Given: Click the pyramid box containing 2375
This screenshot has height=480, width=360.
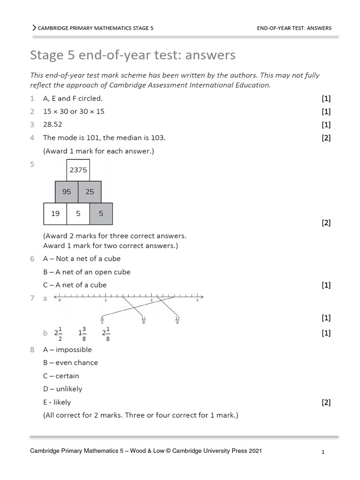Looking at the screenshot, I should pos(78,170).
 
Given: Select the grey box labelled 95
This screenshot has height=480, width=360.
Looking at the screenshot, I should pos(67,192).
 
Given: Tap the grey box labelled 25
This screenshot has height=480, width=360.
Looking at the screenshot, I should pos(90,192).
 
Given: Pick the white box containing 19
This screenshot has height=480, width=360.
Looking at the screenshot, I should pos(55,213).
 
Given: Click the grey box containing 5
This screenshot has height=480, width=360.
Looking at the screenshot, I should pos(101,213).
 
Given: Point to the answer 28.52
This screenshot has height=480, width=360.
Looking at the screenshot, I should pos(52,125).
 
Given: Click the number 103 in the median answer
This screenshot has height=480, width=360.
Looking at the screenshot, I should pos(157,138).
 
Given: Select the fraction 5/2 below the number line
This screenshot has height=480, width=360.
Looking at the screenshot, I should pos(102,320).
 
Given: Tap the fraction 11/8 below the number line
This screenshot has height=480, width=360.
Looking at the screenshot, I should pos(143,320).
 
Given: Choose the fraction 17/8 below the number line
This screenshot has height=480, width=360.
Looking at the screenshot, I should pos(177,320).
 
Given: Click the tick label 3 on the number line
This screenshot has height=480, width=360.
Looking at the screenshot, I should pos(197,300).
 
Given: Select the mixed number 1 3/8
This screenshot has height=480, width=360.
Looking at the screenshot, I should pos(82,333).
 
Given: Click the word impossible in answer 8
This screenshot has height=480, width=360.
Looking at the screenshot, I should pos(74,350).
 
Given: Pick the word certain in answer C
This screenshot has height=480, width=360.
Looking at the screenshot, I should pos(67,376).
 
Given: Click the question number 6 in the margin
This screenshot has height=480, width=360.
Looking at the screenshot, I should pos(32,259).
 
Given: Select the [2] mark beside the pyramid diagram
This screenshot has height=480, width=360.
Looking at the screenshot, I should pos(326,223).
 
